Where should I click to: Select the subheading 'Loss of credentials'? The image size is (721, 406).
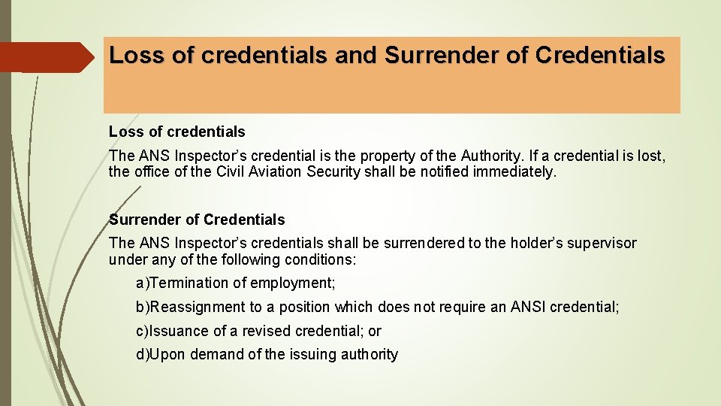(x=176, y=132)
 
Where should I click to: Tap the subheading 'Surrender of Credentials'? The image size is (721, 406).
(x=197, y=220)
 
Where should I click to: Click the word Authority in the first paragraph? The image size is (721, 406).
(x=484, y=156)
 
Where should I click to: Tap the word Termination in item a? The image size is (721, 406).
(x=189, y=283)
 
